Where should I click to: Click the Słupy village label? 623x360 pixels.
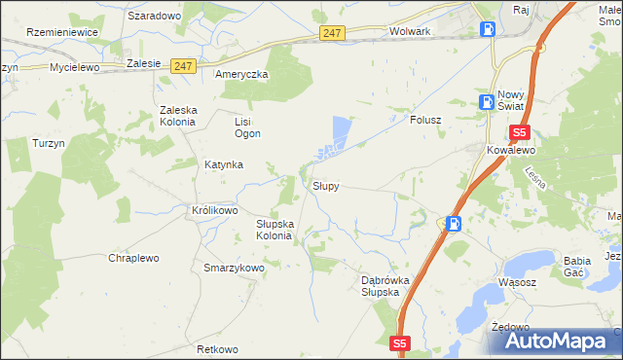[325, 186]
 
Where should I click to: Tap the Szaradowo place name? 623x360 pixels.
[155, 17]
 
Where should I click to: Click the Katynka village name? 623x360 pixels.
[223, 164]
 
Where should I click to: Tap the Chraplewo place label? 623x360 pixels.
[133, 258]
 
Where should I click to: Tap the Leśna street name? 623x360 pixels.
[534, 178]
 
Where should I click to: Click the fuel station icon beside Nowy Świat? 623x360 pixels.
[486, 102]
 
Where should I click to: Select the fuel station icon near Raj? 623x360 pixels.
[487, 28]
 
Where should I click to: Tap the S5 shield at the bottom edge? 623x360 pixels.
[401, 343]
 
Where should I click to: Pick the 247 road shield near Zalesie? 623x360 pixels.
[182, 65]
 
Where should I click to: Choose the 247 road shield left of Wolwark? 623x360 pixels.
[332, 33]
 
